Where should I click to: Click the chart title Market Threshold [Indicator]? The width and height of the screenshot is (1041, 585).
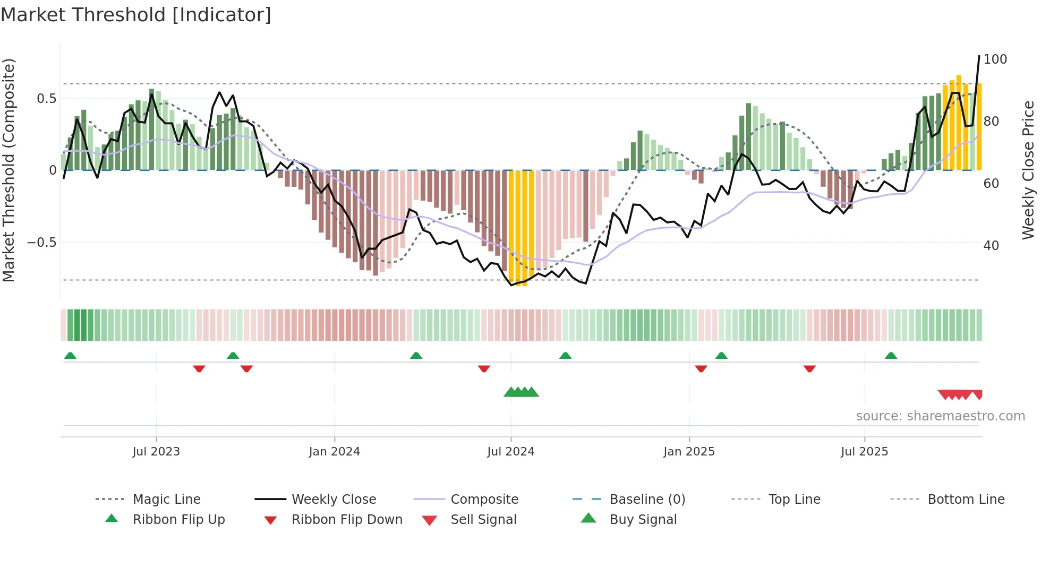tap(136, 15)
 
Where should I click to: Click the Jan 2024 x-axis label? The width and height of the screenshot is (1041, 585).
tap(334, 452)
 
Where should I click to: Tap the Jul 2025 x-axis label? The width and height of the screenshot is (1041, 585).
tap(864, 452)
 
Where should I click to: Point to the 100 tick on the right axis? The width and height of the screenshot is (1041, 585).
tap(995, 59)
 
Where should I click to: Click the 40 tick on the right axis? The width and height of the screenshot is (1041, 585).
tap(991, 246)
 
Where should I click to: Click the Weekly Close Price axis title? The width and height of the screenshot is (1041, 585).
tap(1028, 170)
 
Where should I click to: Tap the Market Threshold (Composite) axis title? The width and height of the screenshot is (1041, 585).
tap(8, 170)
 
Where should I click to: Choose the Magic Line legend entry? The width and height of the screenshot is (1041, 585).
tap(166, 500)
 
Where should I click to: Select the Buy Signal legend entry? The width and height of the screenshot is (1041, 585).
tap(643, 520)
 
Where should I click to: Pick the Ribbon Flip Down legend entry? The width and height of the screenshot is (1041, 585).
tap(347, 520)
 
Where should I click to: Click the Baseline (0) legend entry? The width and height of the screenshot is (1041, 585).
tap(647, 500)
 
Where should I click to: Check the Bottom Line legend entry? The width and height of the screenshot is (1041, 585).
tap(966, 500)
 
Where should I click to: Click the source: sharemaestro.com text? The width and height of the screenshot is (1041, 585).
tap(940, 416)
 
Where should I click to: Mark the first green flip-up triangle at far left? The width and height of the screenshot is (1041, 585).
tap(70, 356)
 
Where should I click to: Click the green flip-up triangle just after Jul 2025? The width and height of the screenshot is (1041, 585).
tap(891, 356)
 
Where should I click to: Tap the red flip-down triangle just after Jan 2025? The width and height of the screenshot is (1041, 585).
tap(701, 368)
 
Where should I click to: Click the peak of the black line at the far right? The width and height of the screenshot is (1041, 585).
tap(979, 56)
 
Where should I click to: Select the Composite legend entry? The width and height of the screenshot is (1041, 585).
tap(484, 500)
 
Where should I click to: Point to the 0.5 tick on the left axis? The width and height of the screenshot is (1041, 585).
tap(46, 99)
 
